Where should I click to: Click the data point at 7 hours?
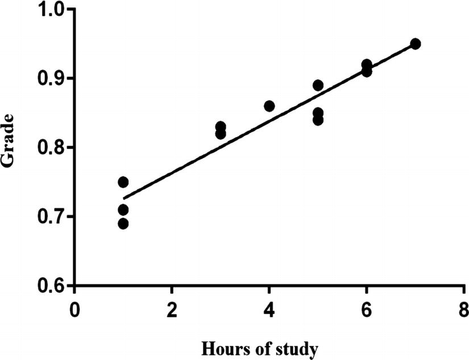(415, 44)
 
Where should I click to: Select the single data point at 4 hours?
(269, 106)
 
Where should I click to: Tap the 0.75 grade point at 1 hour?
(123, 182)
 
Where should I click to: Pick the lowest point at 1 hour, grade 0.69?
(123, 224)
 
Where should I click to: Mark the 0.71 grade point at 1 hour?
(123, 210)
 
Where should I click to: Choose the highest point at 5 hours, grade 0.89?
(318, 85)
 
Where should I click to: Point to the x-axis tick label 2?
(172, 312)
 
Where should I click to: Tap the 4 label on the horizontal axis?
(269, 312)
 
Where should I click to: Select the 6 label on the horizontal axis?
(367, 312)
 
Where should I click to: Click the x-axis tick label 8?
(464, 312)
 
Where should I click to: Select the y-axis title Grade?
(9, 146)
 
